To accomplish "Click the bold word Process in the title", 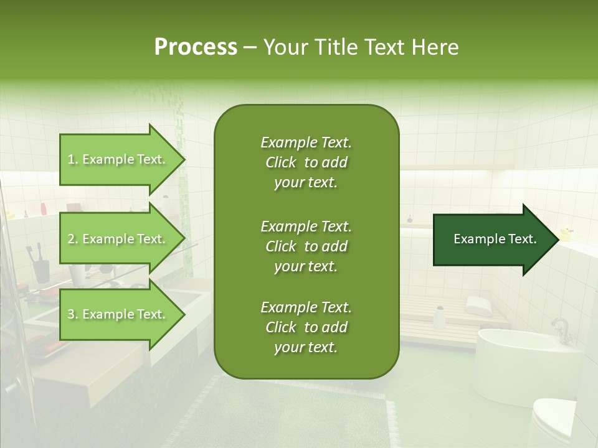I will coord(196,47).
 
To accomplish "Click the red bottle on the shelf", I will coord(42,208).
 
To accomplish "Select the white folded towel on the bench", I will coord(478,305).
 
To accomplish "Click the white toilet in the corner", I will coord(554,423).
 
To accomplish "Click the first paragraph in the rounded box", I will coord(306,162).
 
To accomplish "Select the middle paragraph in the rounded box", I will coord(306,246).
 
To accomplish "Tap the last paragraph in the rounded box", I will coord(306,327).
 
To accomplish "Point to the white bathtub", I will coord(523,361).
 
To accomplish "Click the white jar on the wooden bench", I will coord(440,317).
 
